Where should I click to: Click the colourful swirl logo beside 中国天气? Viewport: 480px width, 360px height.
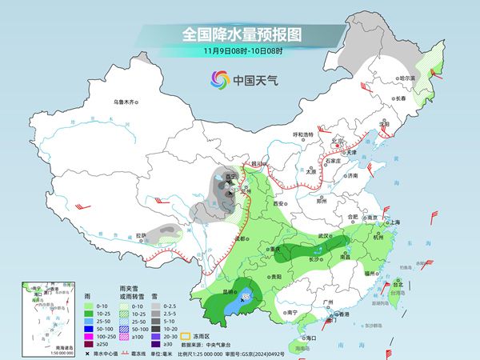click(x=218, y=79)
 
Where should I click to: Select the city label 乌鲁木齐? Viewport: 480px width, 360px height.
click(x=126, y=102)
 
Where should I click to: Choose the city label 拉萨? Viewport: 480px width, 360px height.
click(x=141, y=235)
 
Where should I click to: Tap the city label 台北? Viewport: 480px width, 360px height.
click(x=398, y=283)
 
